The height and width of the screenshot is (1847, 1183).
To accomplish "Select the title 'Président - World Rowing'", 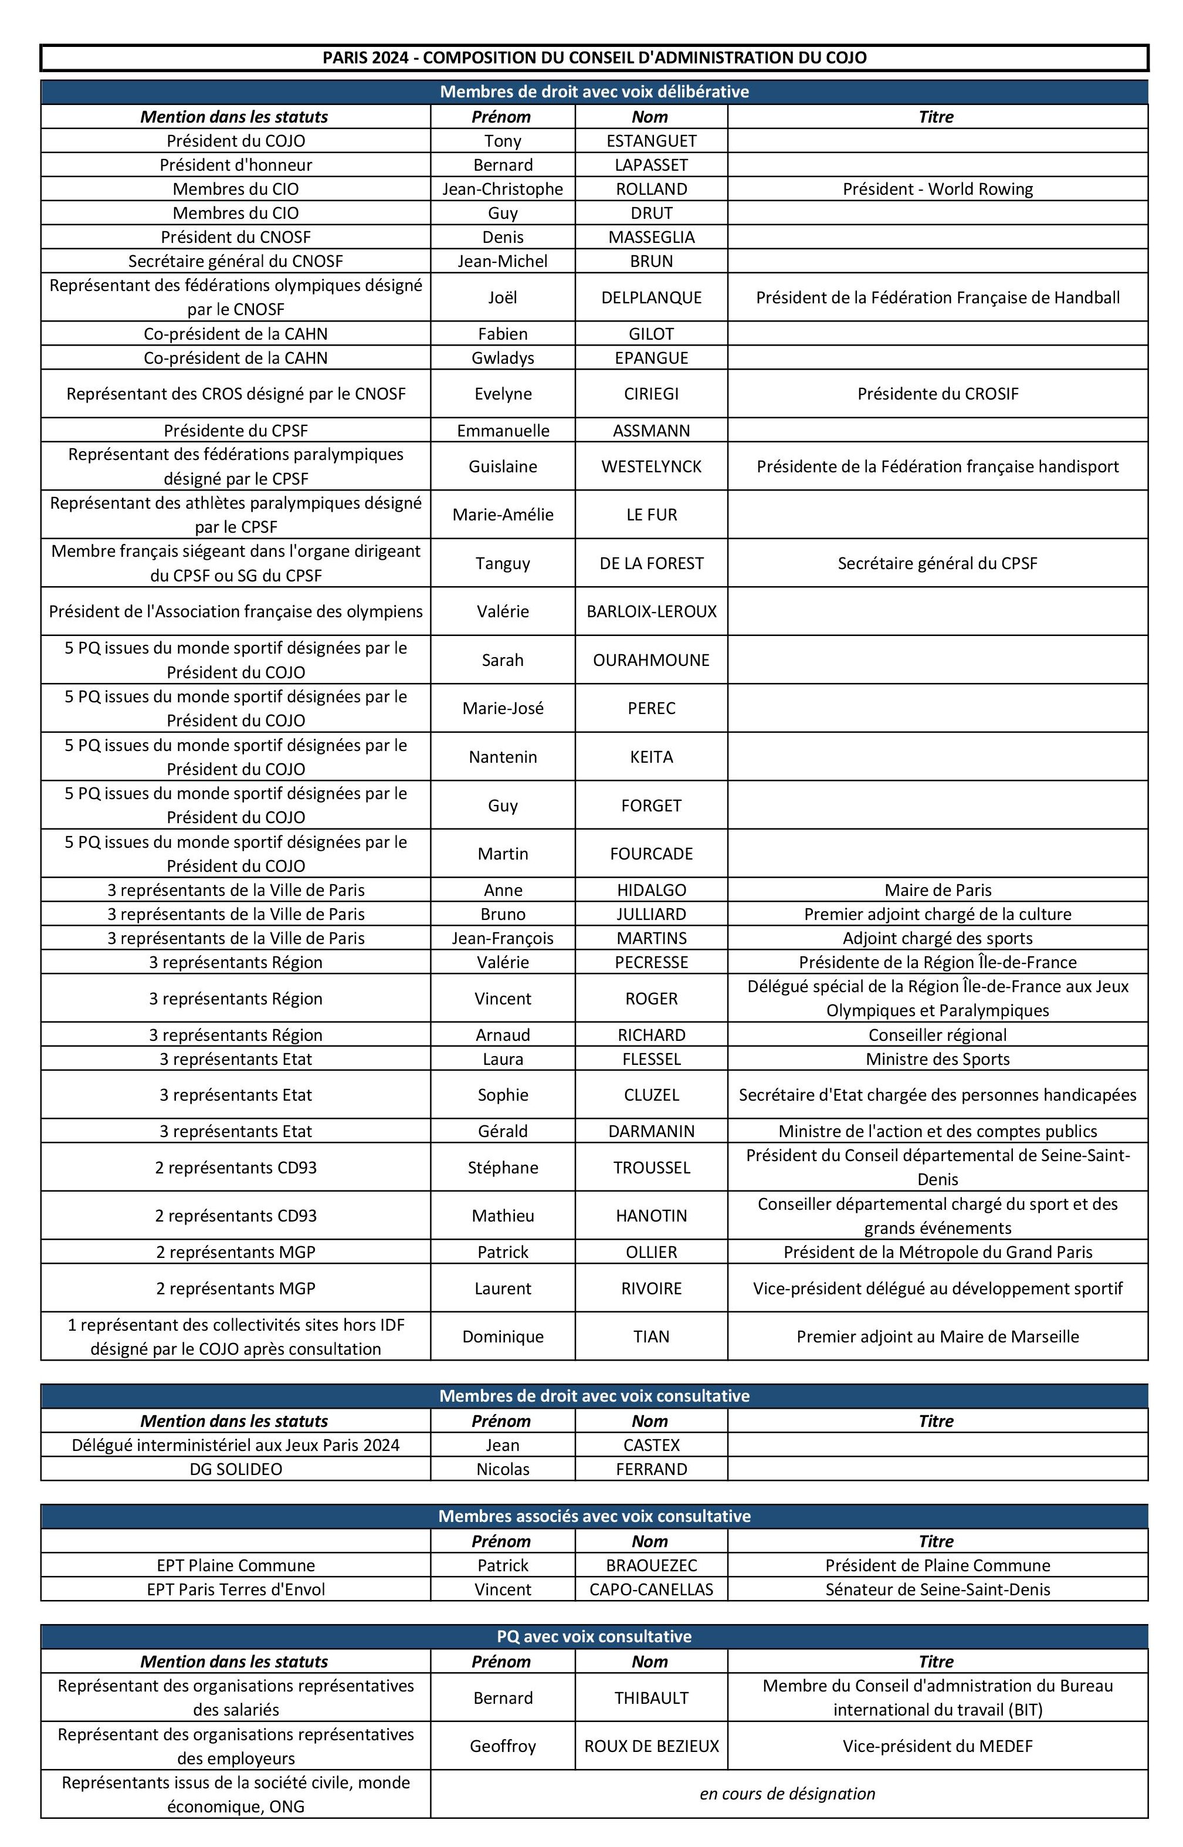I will point(937,189).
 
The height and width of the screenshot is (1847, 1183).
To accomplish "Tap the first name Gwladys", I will point(503,358).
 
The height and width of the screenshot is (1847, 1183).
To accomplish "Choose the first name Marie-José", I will point(503,708).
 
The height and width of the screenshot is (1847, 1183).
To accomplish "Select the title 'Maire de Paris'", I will point(937,889).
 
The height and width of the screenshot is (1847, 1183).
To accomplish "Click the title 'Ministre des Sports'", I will point(937,1058).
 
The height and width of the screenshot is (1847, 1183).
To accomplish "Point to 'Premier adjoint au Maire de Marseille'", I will point(937,1336).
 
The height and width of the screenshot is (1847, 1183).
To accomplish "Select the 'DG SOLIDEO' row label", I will point(236,1469).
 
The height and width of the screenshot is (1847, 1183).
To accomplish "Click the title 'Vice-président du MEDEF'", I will point(937,1745).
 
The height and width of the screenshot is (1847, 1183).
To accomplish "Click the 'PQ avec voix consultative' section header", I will point(594,1636).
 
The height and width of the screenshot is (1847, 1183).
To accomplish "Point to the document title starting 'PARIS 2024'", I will point(594,57).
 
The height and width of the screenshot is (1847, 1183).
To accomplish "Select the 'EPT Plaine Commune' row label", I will point(236,1565).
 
